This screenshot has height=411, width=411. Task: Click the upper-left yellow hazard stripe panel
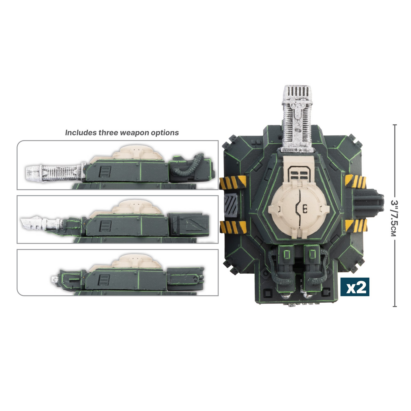point(232,183)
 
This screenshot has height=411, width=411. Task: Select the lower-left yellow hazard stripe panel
point(233,227)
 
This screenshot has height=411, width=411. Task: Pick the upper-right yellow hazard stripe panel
point(355,182)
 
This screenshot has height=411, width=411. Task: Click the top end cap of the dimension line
point(395,125)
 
